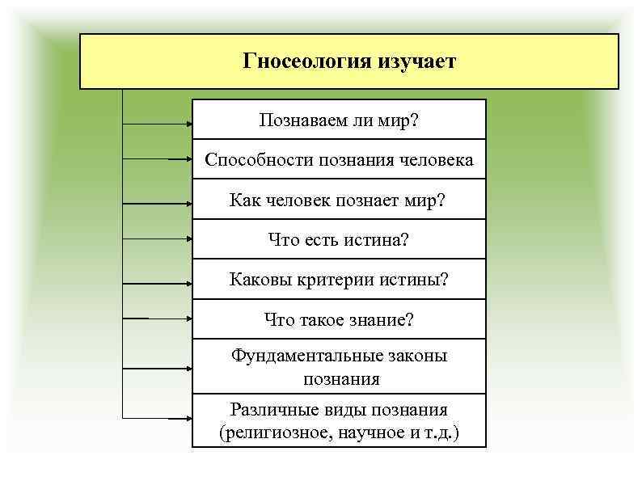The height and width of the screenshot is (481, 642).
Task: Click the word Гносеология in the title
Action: click(304, 61)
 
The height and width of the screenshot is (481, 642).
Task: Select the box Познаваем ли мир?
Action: click(339, 120)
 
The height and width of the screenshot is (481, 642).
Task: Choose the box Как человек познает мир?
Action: click(339, 200)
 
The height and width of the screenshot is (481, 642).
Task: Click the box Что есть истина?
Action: click(339, 239)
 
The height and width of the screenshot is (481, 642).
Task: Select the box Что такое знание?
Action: click(339, 320)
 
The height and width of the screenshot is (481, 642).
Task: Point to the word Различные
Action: click(271, 410)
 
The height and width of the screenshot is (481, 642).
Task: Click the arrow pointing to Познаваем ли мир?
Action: click(157, 124)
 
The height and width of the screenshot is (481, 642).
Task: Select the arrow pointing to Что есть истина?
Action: click(157, 239)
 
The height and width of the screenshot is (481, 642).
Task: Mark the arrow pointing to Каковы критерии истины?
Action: click(157, 279)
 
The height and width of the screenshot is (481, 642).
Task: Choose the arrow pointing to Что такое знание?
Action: click(157, 319)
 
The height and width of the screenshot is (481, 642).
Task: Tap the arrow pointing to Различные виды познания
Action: click(157, 418)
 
